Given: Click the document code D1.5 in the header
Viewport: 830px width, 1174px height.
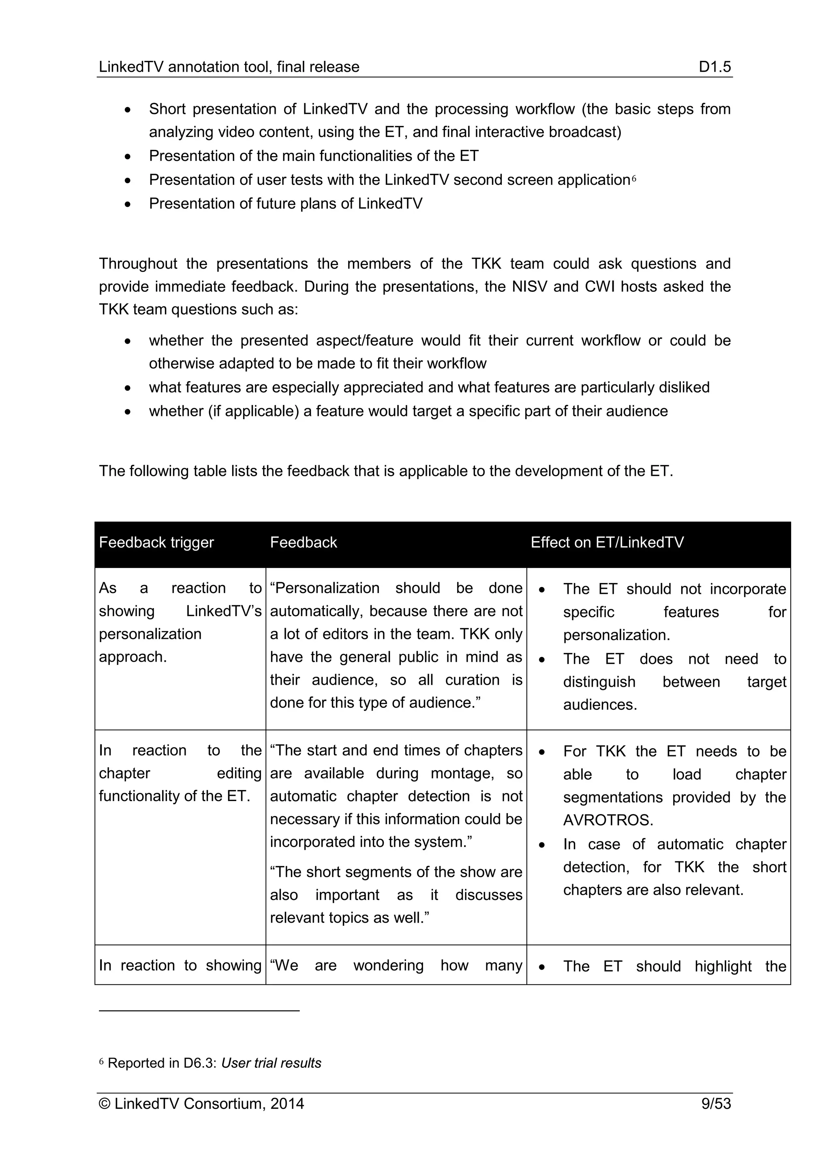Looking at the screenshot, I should tap(714, 67).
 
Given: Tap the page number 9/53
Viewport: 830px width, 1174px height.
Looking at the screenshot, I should tap(716, 1103).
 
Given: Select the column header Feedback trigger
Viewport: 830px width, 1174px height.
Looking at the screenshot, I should tap(156, 542).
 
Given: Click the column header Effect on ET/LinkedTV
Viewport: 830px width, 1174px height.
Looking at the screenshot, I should tap(607, 542).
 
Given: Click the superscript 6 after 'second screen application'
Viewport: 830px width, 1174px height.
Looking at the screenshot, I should tap(634, 178).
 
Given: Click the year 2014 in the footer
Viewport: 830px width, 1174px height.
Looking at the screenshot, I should tap(287, 1103).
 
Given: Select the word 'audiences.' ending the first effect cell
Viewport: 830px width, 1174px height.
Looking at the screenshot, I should tap(600, 705).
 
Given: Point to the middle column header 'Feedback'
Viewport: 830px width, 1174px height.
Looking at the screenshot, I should tap(304, 542).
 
